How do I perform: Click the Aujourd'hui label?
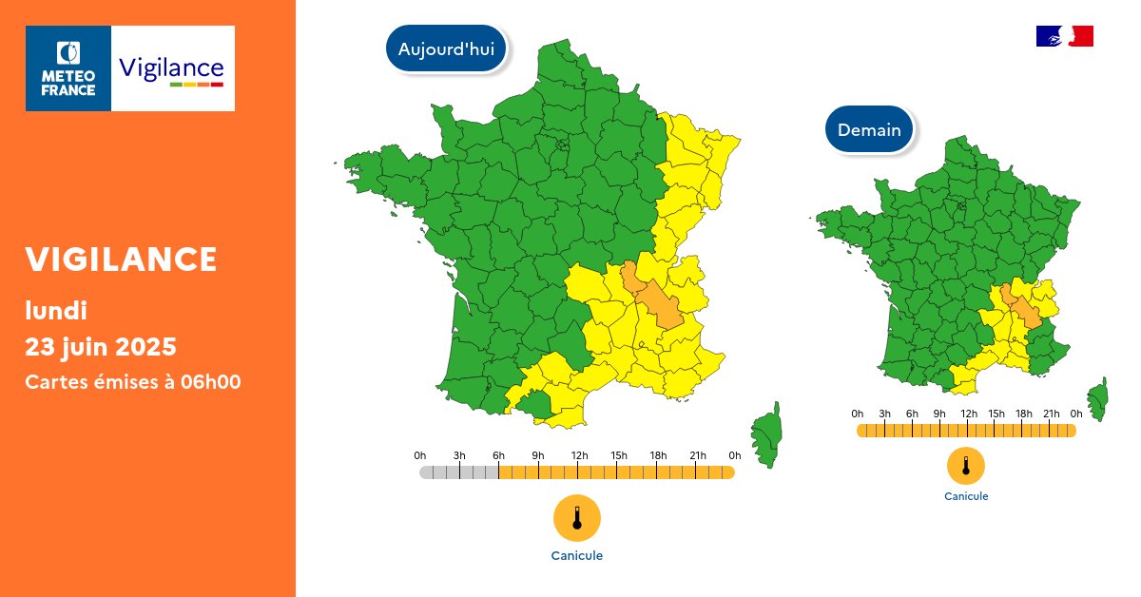pyautogui.click(x=446, y=49)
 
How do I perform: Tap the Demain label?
pyautogui.click(x=869, y=129)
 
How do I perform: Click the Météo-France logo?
pyautogui.click(x=68, y=68)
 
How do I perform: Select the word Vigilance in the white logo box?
pyautogui.click(x=171, y=68)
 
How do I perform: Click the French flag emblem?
pyautogui.click(x=1064, y=36)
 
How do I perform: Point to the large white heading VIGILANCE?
pyautogui.click(x=121, y=259)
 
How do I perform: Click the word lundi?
pyautogui.click(x=56, y=309)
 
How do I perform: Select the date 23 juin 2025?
pyautogui.click(x=101, y=345)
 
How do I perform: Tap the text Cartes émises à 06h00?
pyautogui.click(x=132, y=382)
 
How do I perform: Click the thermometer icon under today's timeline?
pyautogui.click(x=576, y=518)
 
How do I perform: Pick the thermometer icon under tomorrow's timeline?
pyautogui.click(x=965, y=466)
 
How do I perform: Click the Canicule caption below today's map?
pyautogui.click(x=576, y=556)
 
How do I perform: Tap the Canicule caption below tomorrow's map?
pyautogui.click(x=965, y=496)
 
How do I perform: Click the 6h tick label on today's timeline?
pyautogui.click(x=498, y=456)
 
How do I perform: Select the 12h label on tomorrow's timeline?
pyautogui.click(x=968, y=414)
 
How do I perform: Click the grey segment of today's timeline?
pyautogui.click(x=458, y=472)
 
